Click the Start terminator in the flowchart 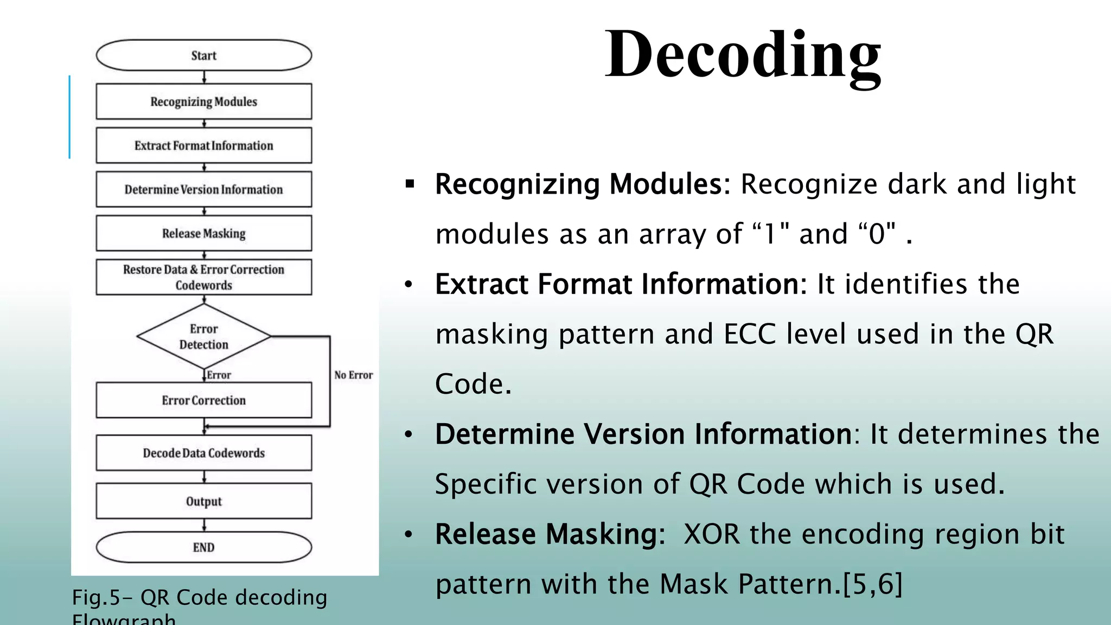coord(203,55)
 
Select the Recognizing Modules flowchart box coord(203,101)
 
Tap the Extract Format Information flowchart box coord(203,145)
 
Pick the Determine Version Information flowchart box coord(203,189)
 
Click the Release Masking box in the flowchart coord(203,233)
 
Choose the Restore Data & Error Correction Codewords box coord(203,277)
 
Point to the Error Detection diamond coord(203,336)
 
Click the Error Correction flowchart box coord(203,400)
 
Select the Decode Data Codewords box coord(203,453)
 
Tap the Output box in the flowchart coord(203,501)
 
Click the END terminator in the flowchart coord(203,547)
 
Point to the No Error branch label coord(353,375)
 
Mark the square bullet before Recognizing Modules coord(410,184)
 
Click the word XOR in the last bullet coord(712,534)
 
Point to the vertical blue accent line coord(69,117)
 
